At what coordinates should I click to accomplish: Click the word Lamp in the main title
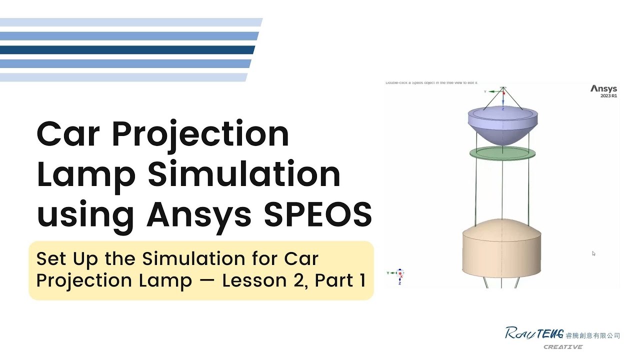[x=86, y=175]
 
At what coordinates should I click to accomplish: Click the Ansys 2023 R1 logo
[x=604, y=91]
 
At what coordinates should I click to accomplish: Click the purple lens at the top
[x=502, y=125]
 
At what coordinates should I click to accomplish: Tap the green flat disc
[x=502, y=152]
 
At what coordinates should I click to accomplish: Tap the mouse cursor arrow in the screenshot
[x=593, y=253]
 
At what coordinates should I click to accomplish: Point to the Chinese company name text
[x=592, y=335]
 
